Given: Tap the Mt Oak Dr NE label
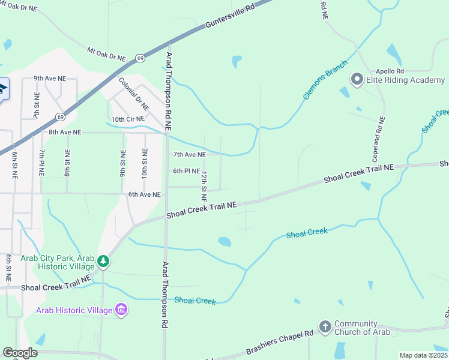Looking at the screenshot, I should pos(107,54).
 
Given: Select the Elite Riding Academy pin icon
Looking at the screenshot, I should pos(357,79).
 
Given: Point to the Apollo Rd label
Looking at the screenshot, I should pos(389,70).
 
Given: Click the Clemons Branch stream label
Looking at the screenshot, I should pos(325,79).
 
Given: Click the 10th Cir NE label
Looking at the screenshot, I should pos(128,119).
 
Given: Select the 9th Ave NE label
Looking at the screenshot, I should pos(49,78).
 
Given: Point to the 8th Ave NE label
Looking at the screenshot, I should pos(65,132).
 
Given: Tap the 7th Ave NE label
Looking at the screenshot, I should pos(189,154).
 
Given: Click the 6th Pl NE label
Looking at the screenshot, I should pos(186,171).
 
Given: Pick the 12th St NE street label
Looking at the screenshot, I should pos(204,186).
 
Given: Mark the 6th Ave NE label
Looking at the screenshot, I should pos(144,194).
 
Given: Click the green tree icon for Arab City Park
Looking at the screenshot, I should pos(104,261).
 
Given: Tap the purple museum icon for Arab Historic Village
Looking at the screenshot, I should pos(121,310).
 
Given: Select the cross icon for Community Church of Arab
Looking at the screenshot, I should pos(325,327).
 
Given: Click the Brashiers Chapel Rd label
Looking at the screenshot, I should pos(280,343).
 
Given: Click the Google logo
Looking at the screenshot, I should pos(20,353).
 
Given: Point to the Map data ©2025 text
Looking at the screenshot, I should pos(423,355).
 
